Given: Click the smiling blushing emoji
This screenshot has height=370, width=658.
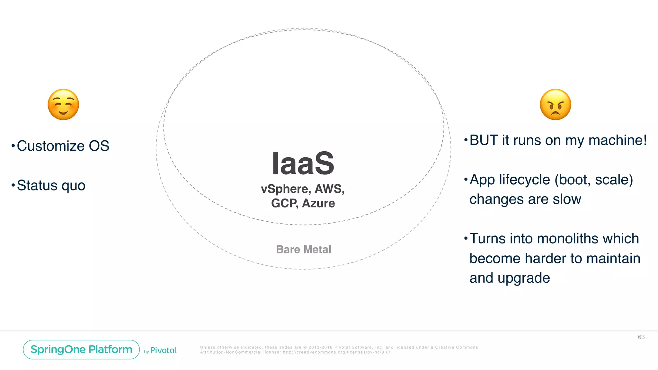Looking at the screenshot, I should [x=63, y=105].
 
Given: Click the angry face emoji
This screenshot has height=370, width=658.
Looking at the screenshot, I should [x=555, y=105].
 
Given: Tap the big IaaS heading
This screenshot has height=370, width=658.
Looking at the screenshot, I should [x=303, y=164].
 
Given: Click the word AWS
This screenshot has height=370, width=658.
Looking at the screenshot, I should [x=329, y=189].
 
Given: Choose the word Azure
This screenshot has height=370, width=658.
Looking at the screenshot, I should [x=318, y=203].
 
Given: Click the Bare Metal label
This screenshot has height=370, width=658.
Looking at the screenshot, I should [x=303, y=250].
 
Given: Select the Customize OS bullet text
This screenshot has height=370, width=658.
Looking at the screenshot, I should [x=63, y=146].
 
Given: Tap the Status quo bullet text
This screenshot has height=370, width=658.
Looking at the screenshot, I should [x=51, y=186].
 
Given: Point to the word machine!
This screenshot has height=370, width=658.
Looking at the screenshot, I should [x=617, y=140].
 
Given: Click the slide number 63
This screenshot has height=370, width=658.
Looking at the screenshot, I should [x=641, y=337].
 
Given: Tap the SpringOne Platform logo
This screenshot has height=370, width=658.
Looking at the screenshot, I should [x=81, y=349].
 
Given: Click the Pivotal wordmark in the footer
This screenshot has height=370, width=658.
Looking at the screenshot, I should [x=163, y=350].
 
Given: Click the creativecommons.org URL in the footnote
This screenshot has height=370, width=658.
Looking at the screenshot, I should [x=336, y=352].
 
